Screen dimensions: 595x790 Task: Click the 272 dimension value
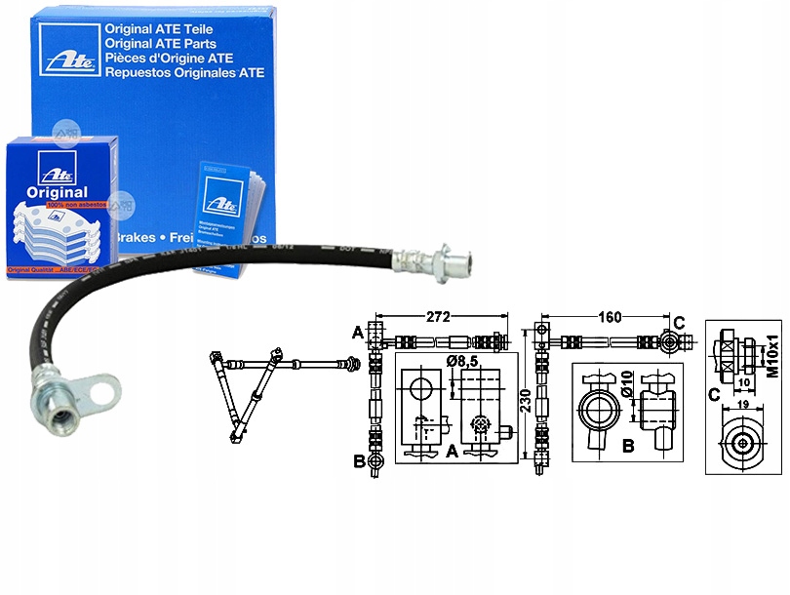pos(436,318)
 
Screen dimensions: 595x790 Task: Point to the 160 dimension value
pos(610,318)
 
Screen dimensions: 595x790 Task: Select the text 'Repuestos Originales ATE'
pos(183,72)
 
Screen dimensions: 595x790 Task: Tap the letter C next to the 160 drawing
pos(679,322)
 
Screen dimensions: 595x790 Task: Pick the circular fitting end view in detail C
pos(744,443)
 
